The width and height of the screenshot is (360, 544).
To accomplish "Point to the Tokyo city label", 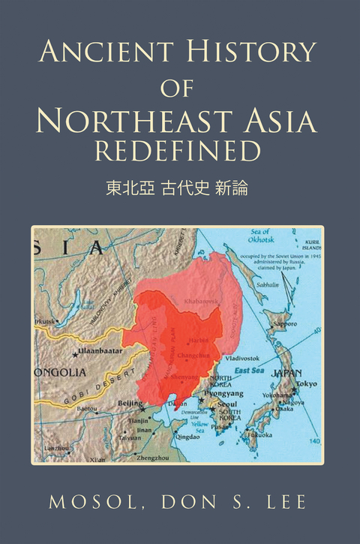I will (x=305, y=383).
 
